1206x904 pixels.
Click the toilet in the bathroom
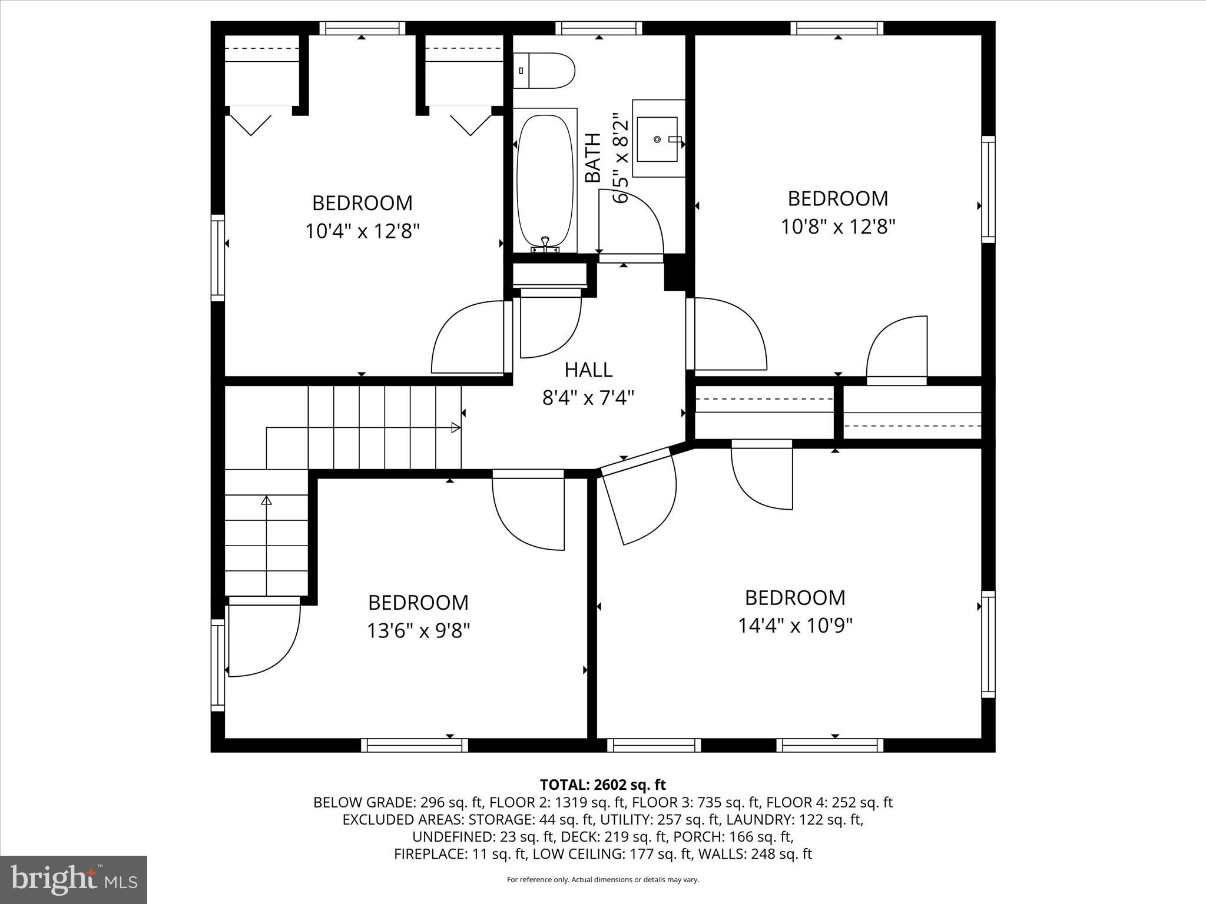[544, 71]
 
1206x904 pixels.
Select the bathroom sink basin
[658, 139]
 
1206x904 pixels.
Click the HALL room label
[588, 370]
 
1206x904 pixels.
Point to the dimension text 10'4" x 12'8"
[362, 231]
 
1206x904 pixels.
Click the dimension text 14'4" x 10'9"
[795, 626]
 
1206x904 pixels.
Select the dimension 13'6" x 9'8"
[418, 631]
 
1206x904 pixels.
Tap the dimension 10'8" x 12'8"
[838, 227]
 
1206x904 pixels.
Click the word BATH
[593, 158]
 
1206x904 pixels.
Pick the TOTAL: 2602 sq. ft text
[602, 785]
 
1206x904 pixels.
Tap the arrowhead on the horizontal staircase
[455, 428]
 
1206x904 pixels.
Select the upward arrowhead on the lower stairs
[266, 501]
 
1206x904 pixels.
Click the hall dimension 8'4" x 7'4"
[588, 398]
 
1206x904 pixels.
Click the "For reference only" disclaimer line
[602, 880]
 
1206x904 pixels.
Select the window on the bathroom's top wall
[599, 28]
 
